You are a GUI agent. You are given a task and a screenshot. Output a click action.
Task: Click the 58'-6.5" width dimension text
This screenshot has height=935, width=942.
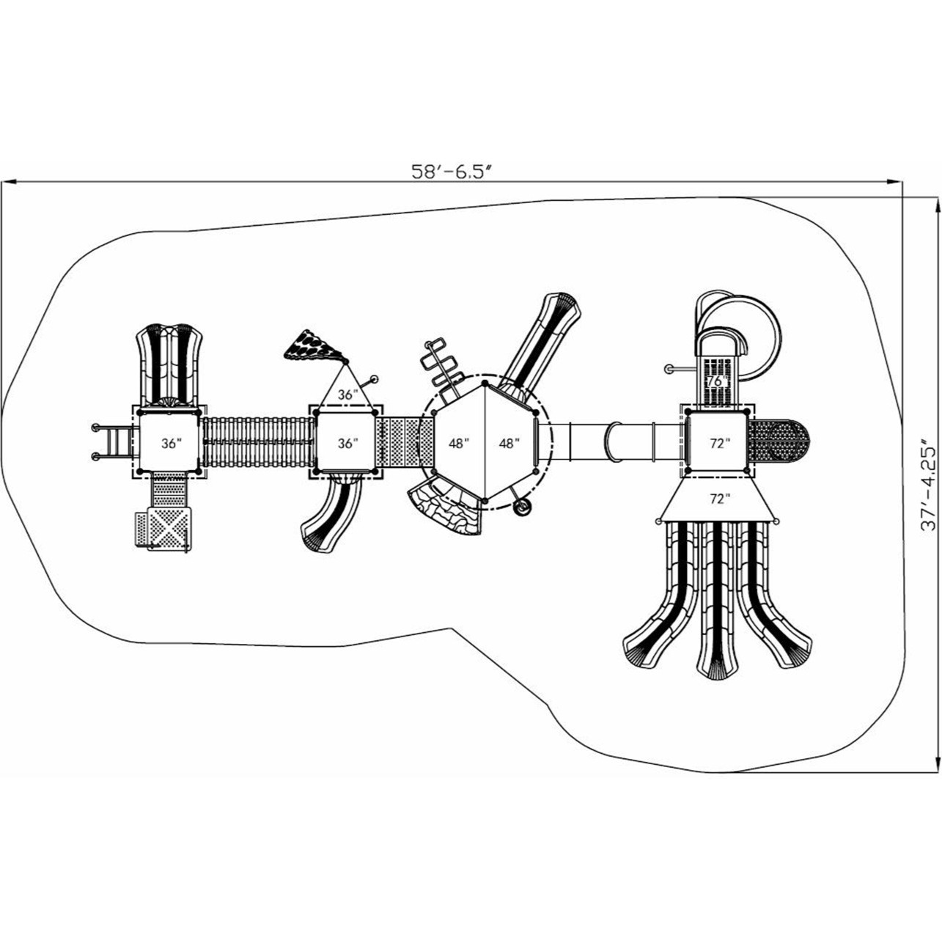(451, 172)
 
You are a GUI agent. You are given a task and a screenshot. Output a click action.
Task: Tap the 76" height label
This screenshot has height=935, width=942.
(717, 381)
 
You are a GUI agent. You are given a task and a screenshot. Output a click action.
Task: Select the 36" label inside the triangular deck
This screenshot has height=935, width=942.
(345, 395)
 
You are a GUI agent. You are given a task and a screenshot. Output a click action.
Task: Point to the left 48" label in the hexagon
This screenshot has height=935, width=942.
(458, 444)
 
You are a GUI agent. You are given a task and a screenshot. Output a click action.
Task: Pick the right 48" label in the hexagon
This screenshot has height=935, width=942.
(509, 444)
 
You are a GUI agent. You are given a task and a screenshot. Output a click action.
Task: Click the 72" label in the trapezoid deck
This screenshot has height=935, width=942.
(720, 499)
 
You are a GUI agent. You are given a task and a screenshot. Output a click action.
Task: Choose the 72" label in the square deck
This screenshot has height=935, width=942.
(720, 444)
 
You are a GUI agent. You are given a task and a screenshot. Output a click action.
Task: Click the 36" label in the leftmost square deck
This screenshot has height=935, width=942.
(171, 444)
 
